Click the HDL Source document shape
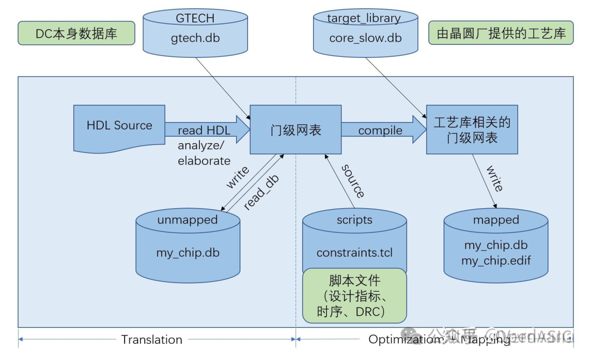point(119,126)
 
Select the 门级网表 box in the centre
point(296,130)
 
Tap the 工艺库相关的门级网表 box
point(471,130)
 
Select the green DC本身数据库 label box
point(76,33)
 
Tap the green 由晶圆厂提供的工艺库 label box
point(501,33)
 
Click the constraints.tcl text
point(355,253)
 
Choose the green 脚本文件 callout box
point(355,296)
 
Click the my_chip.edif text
point(495,261)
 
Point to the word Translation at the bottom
point(152,339)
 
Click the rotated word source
point(353,180)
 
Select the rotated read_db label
point(261,192)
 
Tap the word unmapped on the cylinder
point(187,220)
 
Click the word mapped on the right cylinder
point(495,220)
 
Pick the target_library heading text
point(364,18)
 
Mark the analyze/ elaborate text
point(204,153)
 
